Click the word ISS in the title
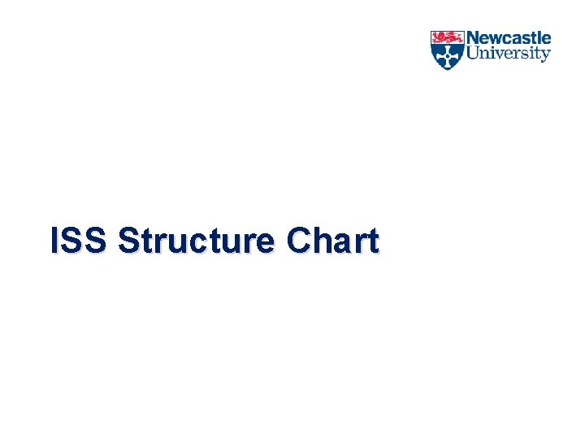[x=78, y=241]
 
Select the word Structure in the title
[x=196, y=241]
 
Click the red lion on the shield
[x=447, y=37]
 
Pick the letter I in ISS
[x=54, y=241]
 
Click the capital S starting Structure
[x=128, y=241]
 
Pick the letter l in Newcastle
[x=540, y=39]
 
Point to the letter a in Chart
[x=344, y=243]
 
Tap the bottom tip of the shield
[x=447, y=69]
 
